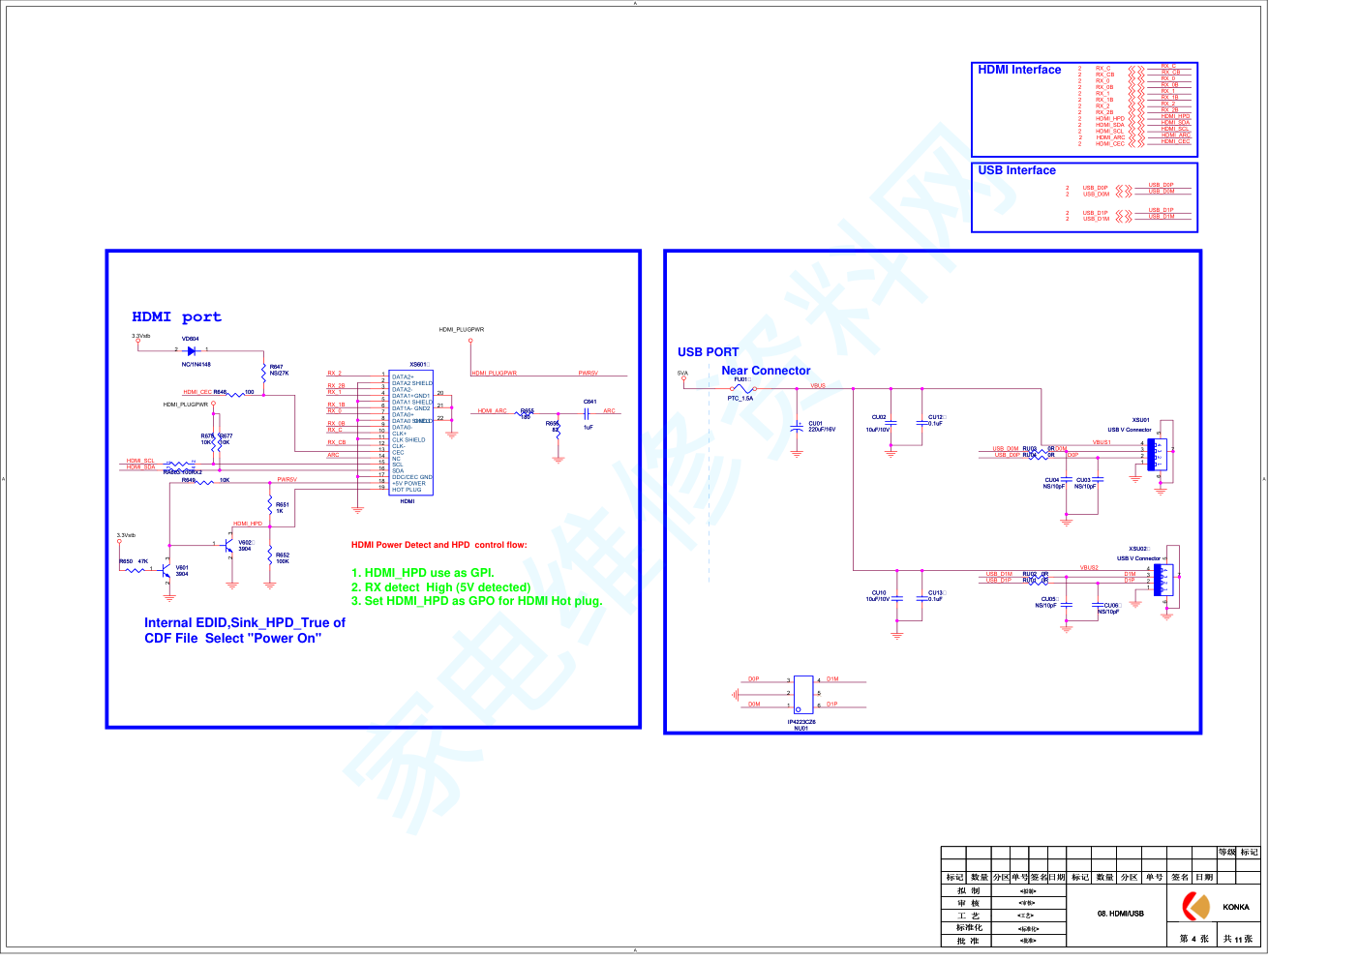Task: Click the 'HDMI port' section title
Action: (x=176, y=317)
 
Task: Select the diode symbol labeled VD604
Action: (x=192, y=350)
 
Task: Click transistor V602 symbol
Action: (x=228, y=545)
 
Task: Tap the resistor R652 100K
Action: (x=270, y=557)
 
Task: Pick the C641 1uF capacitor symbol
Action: (x=587, y=413)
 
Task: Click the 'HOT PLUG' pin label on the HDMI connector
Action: (x=407, y=490)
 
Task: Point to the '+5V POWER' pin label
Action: (x=408, y=484)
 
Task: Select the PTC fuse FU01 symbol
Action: (x=742, y=389)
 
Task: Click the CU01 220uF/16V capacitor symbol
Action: (x=797, y=426)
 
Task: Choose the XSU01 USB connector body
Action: (x=1157, y=455)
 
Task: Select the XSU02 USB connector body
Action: (x=1163, y=580)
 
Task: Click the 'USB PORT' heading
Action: (x=708, y=352)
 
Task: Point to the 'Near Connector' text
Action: (x=766, y=371)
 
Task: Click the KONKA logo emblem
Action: (x=1196, y=907)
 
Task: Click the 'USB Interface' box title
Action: (x=1016, y=170)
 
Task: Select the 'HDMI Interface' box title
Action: (x=1019, y=70)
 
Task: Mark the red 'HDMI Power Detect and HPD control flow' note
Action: (x=438, y=545)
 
